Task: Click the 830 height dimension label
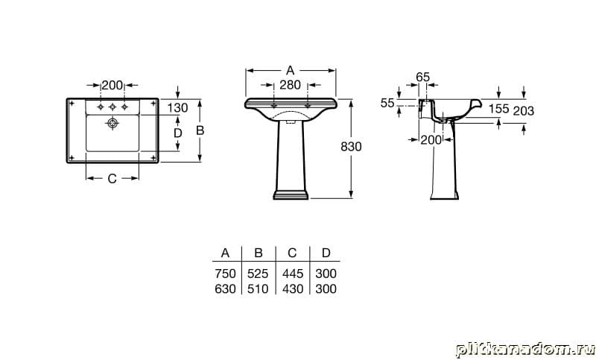(x=351, y=146)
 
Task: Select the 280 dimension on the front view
(x=290, y=85)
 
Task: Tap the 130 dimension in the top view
(x=177, y=108)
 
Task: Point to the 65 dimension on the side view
(x=422, y=78)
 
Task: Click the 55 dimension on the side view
(x=387, y=103)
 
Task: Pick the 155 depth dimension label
(x=498, y=109)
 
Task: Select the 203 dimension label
(x=524, y=111)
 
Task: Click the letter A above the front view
(x=290, y=70)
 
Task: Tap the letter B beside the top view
(x=200, y=130)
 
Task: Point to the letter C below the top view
(x=112, y=178)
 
